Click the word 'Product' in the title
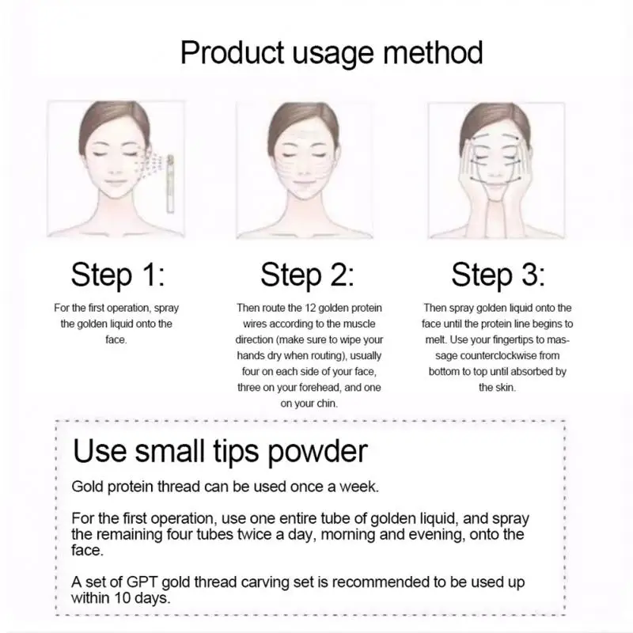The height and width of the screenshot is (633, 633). pyautogui.click(x=232, y=52)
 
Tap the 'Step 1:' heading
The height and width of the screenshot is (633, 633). pyautogui.click(x=118, y=275)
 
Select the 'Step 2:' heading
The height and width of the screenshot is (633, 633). pyautogui.click(x=307, y=275)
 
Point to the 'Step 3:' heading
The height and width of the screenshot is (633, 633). pyautogui.click(x=498, y=275)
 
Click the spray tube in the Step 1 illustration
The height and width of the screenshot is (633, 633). pyautogui.click(x=170, y=184)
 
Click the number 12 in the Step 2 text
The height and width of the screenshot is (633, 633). pyautogui.click(x=310, y=308)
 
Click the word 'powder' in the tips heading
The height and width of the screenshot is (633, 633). pyautogui.click(x=317, y=452)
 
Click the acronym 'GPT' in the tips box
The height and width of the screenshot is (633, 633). pyautogui.click(x=142, y=582)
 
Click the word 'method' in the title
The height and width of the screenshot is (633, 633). pyautogui.click(x=432, y=52)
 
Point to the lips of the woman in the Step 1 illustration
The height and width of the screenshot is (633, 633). pyautogui.click(x=115, y=184)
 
